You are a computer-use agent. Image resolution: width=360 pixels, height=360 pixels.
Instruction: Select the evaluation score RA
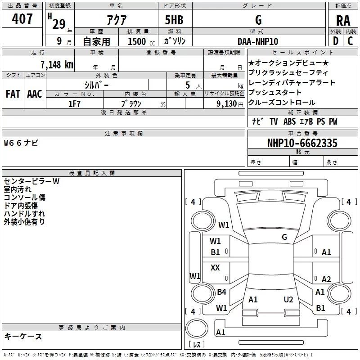[x=343, y=21]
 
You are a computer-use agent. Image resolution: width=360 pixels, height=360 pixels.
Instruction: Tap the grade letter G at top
[x=258, y=20]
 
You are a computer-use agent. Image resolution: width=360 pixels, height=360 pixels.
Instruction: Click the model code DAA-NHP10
[x=258, y=41]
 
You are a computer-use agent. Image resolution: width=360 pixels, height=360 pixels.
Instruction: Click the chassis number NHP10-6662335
[x=302, y=143]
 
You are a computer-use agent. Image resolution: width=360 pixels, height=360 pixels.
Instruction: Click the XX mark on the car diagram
[x=215, y=268]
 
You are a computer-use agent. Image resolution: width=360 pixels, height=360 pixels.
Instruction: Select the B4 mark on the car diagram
[x=221, y=292]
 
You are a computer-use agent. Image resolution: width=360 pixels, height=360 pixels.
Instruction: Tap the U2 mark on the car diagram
[x=288, y=299]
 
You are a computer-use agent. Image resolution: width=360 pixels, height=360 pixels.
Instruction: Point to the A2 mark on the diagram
[x=326, y=279]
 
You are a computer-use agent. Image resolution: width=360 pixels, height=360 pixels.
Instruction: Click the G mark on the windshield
[x=284, y=237]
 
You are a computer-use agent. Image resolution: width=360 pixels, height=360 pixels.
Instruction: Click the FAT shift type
[x=13, y=94]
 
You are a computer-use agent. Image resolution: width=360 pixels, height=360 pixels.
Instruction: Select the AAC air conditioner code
[x=34, y=94]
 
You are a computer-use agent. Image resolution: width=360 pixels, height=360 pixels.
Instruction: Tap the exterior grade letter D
[x=335, y=41]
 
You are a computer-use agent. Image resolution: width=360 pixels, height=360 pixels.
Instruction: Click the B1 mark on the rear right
[x=320, y=308]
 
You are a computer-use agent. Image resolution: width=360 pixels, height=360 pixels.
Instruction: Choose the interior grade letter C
[x=351, y=41]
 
